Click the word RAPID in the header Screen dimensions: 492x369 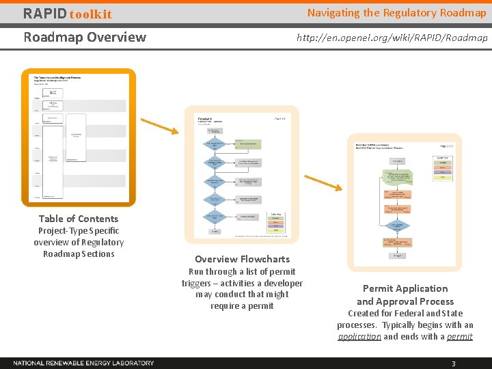click(45, 14)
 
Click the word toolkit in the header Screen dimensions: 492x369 click(90, 14)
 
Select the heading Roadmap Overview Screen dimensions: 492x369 click(85, 37)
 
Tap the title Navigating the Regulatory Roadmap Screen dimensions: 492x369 click(396, 13)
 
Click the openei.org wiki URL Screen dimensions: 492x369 click(392, 38)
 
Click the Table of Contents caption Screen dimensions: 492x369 click(79, 219)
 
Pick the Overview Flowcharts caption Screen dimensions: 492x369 click(242, 259)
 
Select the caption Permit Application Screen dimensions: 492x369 click(405, 288)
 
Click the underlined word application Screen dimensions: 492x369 click(359, 336)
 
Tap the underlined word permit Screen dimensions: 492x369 click(459, 336)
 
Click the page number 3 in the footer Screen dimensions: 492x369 click(453, 364)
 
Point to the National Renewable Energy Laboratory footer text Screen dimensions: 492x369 click(83, 363)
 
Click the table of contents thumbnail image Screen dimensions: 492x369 click(79, 137)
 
